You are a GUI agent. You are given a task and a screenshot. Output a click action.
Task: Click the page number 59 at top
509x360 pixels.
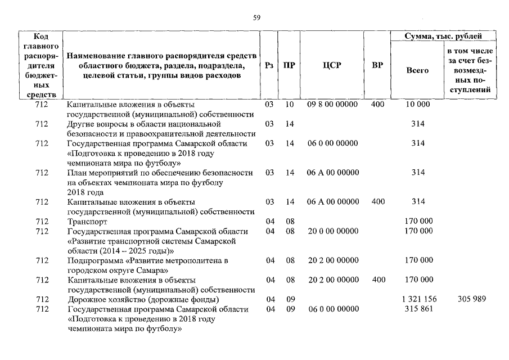coord(257,18)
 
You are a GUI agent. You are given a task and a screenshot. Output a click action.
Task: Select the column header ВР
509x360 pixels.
coord(378,65)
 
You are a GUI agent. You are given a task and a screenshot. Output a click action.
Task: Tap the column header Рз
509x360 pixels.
coord(269,65)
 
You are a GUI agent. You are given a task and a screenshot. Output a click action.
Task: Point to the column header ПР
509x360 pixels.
coord(290,65)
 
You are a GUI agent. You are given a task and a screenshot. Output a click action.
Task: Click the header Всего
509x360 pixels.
coord(417,70)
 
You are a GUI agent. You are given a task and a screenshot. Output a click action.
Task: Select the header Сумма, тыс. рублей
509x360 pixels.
coord(444,37)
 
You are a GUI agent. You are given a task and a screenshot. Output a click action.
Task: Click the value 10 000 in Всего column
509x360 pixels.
coord(417,105)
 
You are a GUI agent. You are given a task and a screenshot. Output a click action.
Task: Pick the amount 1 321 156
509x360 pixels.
coord(417,299)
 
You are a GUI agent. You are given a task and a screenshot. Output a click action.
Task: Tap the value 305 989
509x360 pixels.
coord(471,299)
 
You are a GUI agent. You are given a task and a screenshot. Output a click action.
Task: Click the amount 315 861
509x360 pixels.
coord(417,309)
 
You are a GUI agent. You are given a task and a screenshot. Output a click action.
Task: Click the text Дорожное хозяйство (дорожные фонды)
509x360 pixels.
coord(143,299)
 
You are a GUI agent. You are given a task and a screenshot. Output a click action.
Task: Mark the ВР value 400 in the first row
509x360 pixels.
coord(378,105)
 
